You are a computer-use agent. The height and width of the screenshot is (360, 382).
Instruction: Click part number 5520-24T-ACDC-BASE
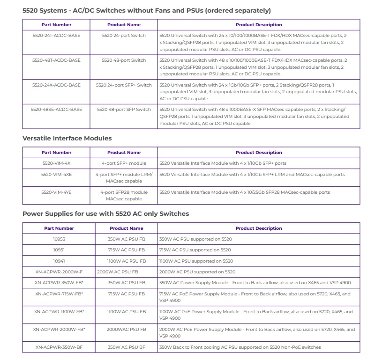[56, 36]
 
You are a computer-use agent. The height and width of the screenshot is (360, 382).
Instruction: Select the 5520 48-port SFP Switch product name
[124, 110]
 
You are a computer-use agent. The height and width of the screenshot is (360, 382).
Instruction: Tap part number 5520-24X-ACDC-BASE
[56, 85]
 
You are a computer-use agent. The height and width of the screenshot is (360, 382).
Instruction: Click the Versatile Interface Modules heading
[67, 138]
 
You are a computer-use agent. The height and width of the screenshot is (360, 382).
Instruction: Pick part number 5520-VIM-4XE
[56, 175]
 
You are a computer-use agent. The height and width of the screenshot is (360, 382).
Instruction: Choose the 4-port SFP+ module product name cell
[124, 163]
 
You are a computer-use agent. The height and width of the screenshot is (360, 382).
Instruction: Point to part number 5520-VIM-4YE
[56, 192]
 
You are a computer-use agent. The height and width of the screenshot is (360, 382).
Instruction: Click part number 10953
[59, 239]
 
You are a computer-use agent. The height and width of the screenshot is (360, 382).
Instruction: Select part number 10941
[59, 261]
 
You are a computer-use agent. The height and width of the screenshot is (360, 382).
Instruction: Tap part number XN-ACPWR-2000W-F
[59, 272]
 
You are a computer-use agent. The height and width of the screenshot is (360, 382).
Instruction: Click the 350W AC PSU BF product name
[127, 347]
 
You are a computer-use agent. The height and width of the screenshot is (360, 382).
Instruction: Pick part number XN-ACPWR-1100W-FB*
[59, 312]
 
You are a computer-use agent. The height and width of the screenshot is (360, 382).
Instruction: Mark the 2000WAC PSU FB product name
[127, 330]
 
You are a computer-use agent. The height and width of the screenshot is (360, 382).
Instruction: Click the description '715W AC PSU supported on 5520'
[195, 250]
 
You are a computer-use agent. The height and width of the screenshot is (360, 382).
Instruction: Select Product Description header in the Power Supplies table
[259, 228]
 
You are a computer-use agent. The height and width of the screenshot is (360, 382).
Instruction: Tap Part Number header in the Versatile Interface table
[56, 153]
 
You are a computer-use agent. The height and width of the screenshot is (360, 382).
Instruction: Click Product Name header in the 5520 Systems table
[124, 25]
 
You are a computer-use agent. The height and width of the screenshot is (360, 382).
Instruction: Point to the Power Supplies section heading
[105, 214]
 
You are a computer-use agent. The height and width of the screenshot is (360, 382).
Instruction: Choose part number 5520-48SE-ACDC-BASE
[56, 110]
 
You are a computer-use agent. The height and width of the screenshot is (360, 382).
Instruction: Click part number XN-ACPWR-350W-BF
[59, 347]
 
